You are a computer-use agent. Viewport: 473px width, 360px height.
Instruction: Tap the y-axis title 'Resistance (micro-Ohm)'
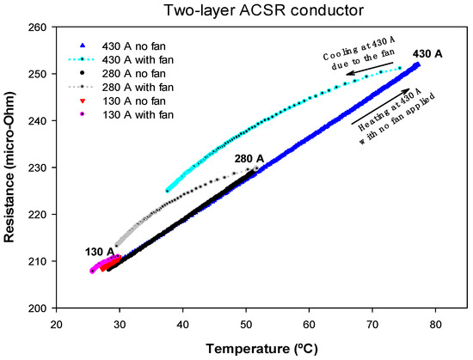click(11, 168)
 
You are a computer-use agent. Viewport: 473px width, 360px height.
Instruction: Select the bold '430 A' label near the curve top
click(427, 54)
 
